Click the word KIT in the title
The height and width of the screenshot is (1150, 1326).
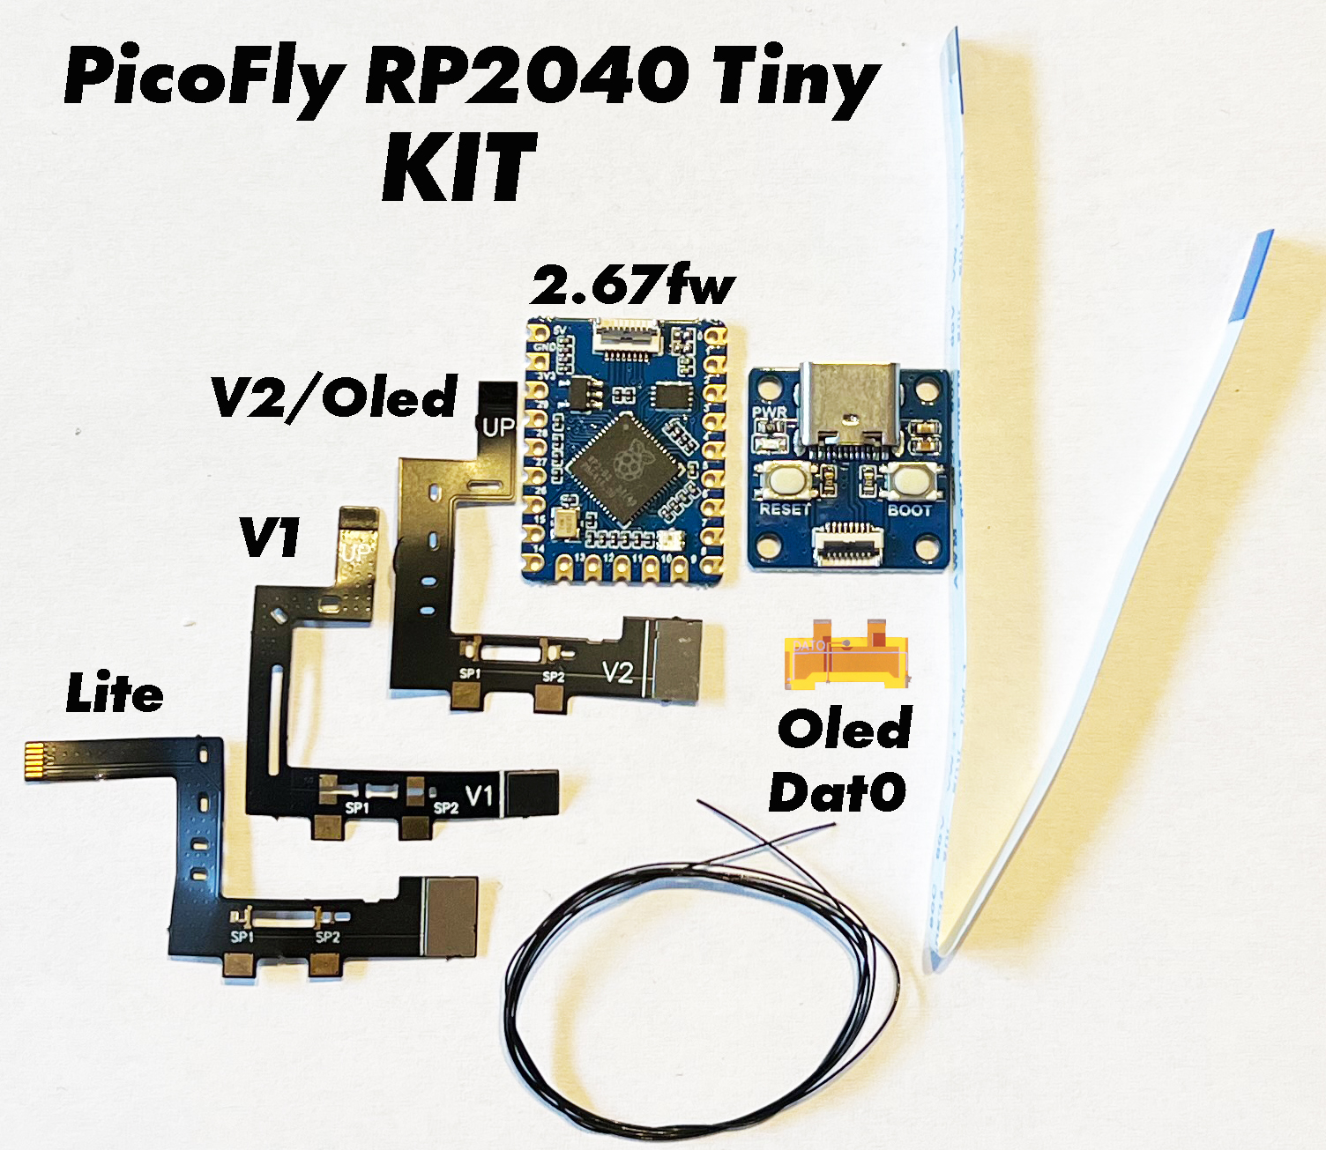pyautogui.click(x=459, y=167)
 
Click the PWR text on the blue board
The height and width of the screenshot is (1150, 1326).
pyautogui.click(x=768, y=412)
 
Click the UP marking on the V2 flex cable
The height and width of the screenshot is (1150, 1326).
pyautogui.click(x=497, y=427)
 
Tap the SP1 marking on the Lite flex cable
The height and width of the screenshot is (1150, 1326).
pyautogui.click(x=242, y=937)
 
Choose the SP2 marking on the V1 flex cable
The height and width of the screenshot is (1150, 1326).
pyautogui.click(x=445, y=807)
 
